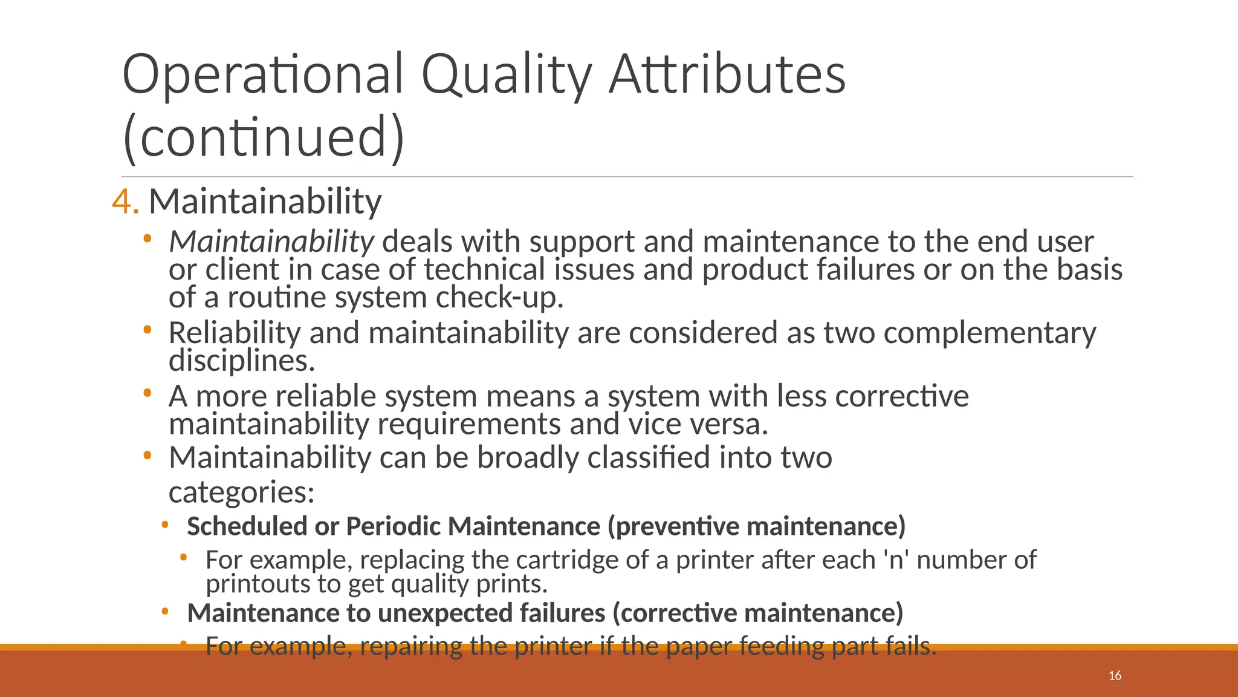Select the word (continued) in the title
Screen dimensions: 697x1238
264,137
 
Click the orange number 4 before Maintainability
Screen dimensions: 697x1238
125,201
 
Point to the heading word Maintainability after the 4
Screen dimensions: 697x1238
265,201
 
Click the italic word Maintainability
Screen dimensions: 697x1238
271,242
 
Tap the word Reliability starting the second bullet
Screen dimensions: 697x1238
234,333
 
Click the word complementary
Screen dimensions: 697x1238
990,333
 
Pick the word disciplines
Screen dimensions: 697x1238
242,361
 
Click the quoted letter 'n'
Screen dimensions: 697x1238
896,560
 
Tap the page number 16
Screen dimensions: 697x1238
1115,676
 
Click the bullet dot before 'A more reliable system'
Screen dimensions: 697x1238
147,394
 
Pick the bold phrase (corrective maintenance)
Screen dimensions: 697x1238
757,614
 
